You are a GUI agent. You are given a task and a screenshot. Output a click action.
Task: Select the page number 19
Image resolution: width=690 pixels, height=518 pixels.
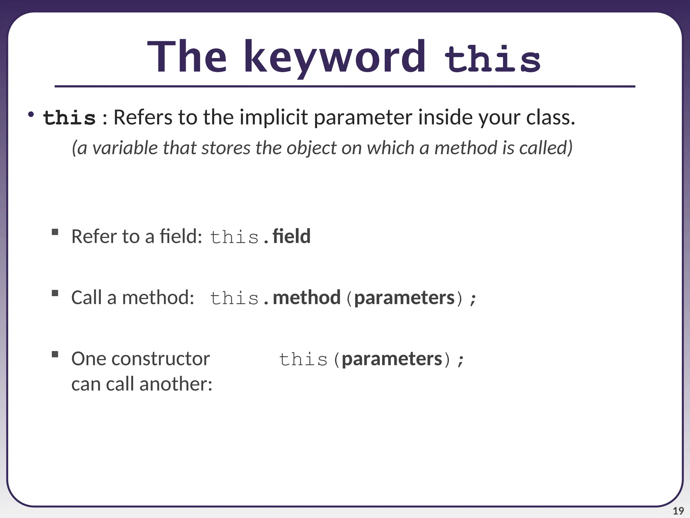click(x=678, y=511)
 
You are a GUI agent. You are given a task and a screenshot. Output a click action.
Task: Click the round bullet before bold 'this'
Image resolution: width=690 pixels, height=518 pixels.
click(x=31, y=115)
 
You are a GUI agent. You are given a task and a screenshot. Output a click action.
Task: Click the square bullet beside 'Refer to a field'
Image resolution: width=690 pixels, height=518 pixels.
click(x=55, y=232)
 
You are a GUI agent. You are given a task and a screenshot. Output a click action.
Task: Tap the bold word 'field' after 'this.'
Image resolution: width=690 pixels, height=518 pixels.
click(x=291, y=236)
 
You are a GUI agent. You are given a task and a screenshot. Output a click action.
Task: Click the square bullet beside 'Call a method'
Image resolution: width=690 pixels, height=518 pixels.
click(x=55, y=293)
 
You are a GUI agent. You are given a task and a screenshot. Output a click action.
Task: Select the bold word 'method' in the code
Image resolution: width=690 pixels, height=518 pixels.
click(x=307, y=297)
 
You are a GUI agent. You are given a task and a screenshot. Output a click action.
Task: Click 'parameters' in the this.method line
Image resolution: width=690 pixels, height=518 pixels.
click(x=404, y=298)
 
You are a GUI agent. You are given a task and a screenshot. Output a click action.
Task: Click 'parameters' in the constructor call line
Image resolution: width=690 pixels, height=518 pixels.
click(x=392, y=359)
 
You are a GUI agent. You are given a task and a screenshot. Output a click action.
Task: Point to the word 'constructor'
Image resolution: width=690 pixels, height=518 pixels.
click(x=161, y=359)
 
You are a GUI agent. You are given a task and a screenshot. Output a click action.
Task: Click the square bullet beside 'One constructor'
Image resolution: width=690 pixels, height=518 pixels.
click(x=55, y=354)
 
